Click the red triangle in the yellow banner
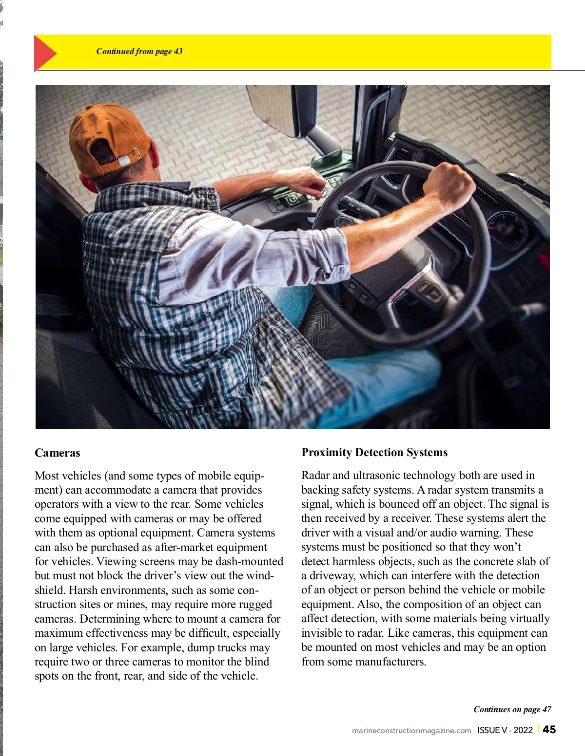[x=44, y=53]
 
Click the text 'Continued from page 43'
[x=139, y=51]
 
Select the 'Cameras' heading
[x=57, y=453]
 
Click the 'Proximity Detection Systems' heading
[x=374, y=452]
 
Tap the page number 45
[x=549, y=729]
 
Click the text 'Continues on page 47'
[x=512, y=709]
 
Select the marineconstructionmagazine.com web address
[x=411, y=730]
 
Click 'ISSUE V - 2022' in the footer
[x=505, y=730]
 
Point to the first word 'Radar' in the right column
[x=315, y=475]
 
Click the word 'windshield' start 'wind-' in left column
[x=261, y=575]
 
